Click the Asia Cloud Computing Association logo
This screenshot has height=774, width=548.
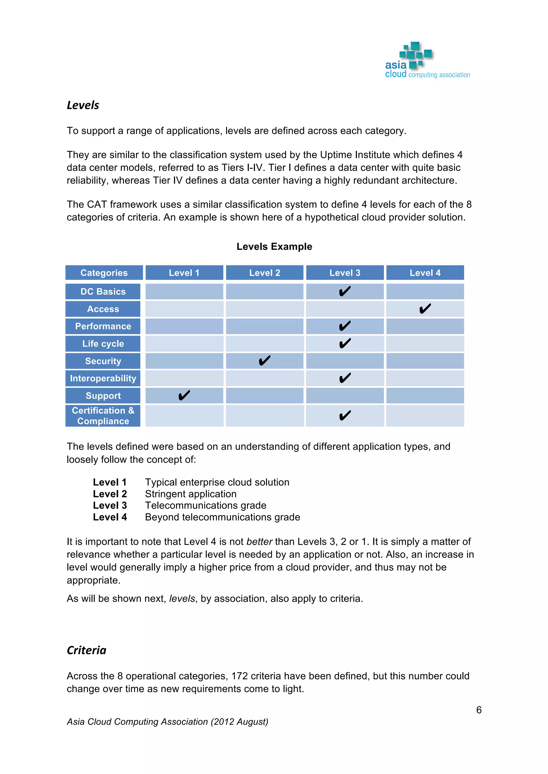(427, 61)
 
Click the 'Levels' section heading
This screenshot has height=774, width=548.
(83, 105)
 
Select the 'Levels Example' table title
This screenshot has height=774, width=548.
(274, 246)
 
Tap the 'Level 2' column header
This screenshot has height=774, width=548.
(265, 273)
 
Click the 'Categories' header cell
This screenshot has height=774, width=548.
(104, 273)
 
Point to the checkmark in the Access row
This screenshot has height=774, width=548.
(425, 308)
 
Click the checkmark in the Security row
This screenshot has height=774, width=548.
(265, 361)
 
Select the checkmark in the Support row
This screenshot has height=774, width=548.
(184, 396)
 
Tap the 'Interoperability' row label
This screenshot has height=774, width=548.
(103, 378)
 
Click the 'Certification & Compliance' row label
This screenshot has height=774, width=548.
(103, 416)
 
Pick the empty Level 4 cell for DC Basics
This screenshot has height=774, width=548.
(425, 292)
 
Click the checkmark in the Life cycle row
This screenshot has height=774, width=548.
(345, 343)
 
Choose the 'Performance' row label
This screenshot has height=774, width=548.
(103, 326)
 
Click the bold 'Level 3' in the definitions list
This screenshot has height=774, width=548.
(110, 505)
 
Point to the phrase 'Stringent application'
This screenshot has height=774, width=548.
(191, 494)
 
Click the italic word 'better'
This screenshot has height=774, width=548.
(259, 541)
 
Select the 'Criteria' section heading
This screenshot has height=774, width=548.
(86, 650)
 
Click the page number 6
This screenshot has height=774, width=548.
(479, 710)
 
